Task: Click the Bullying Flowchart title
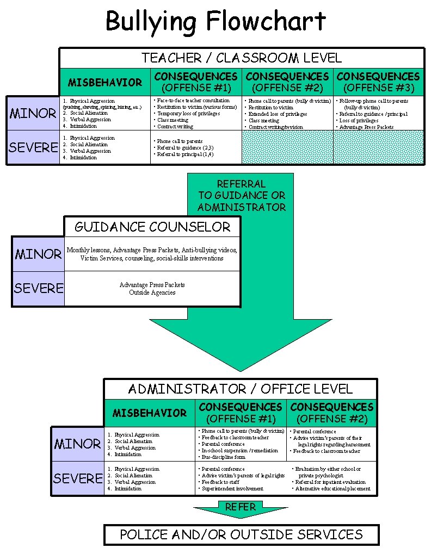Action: tap(215, 22)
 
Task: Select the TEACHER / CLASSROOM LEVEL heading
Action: tap(242, 58)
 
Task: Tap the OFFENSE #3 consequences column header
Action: tap(378, 82)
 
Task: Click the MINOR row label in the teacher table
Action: tap(33, 114)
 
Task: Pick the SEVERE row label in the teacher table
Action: tap(33, 147)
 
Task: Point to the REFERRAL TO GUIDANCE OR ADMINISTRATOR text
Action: tap(242, 195)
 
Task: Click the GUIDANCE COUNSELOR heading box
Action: tap(152, 227)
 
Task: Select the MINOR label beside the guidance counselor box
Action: tap(38, 254)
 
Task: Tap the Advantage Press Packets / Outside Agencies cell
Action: tap(152, 289)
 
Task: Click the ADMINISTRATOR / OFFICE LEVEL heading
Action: tap(241, 389)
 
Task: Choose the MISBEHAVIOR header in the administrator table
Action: tap(150, 413)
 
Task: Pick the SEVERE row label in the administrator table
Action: tap(78, 478)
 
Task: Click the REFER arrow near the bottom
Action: tap(241, 508)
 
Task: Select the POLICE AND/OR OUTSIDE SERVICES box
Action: tap(241, 534)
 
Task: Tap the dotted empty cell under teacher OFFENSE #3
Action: tap(378, 147)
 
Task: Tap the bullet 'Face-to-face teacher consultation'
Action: tap(193, 101)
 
